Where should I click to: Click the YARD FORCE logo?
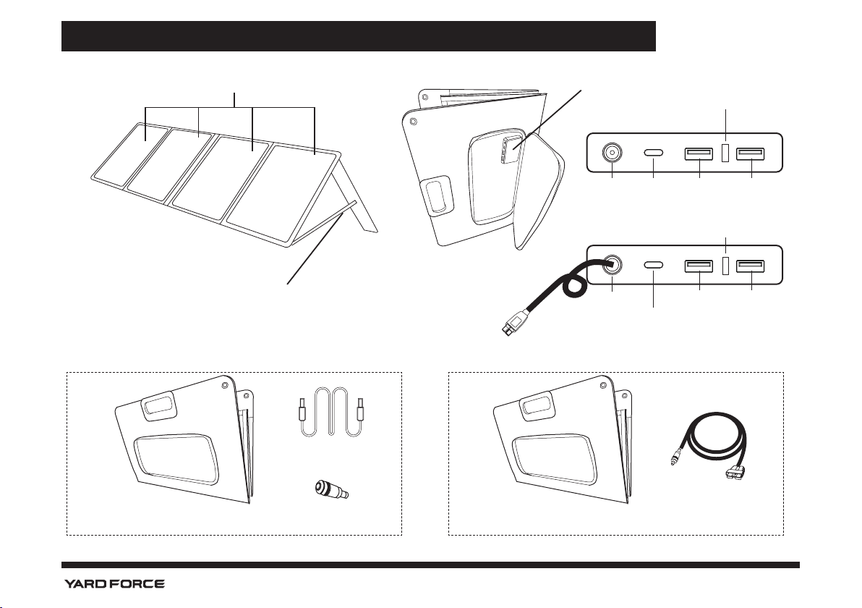pyautogui.click(x=114, y=583)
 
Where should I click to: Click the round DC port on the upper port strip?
pyautogui.click(x=612, y=153)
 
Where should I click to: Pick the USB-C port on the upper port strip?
pyautogui.click(x=653, y=153)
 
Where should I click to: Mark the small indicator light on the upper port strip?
pyautogui.click(x=725, y=153)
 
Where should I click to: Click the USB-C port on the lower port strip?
pyautogui.click(x=653, y=266)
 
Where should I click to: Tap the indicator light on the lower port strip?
pyautogui.click(x=725, y=266)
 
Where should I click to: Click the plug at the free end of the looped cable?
pyautogui.click(x=511, y=325)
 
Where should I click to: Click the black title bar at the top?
pyautogui.click(x=358, y=36)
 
